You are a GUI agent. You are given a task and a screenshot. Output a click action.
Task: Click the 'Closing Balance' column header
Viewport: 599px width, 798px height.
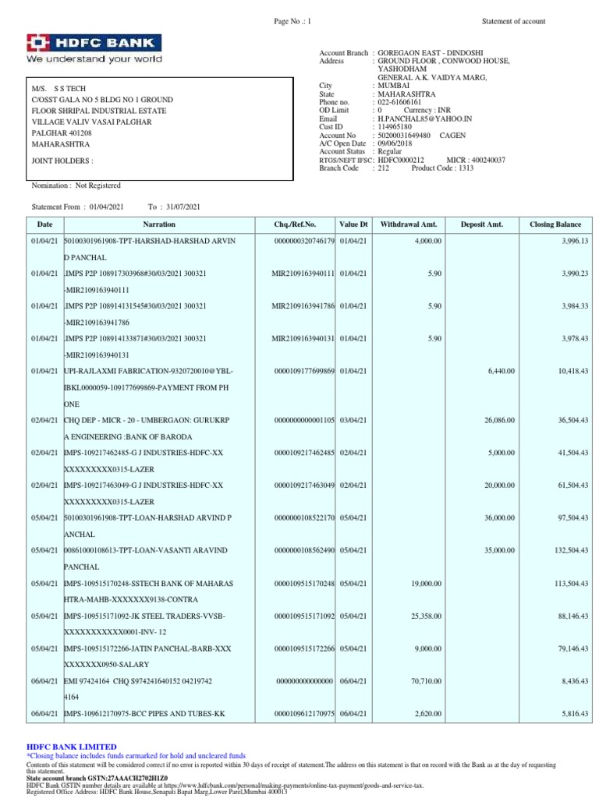coord(555,224)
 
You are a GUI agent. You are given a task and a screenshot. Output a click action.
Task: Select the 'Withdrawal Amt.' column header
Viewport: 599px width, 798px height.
coord(408,224)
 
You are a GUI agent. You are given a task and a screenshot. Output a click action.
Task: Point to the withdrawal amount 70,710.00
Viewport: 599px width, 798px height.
coord(423,681)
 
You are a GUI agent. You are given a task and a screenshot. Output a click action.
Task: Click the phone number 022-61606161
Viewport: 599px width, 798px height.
coord(399,102)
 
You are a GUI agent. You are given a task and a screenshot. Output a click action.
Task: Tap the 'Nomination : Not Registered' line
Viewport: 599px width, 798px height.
coord(76,185)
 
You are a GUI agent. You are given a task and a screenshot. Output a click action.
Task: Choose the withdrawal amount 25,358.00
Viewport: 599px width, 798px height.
coord(423,616)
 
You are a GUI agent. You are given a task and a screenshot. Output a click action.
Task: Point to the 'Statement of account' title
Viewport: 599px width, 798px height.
coord(513,21)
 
